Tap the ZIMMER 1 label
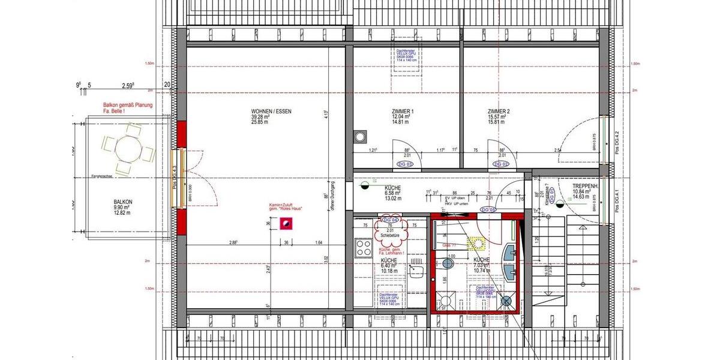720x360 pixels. pos(402,112)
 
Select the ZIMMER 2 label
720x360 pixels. pos(499,112)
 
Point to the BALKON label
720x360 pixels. pos(122,202)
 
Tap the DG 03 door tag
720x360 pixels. pos(406,164)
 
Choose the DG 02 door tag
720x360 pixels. pos(501,164)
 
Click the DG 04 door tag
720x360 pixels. pos(390,220)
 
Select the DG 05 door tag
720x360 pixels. pos(489,209)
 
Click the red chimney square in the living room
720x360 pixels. pos(287,224)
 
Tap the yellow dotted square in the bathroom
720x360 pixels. pos(478,243)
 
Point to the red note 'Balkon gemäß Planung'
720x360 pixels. pos(127,105)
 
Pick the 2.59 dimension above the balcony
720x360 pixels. pos(127,85)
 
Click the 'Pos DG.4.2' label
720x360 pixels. pos(618,145)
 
